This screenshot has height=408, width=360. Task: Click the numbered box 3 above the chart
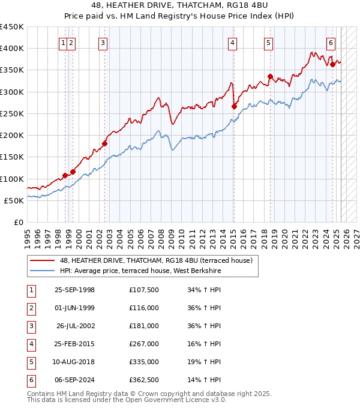coord(103,43)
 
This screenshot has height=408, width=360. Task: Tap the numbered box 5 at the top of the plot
coord(268,43)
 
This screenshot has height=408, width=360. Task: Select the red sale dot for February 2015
coord(234,107)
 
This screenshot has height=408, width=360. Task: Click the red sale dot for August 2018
coord(270,77)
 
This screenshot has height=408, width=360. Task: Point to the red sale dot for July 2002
coord(104,143)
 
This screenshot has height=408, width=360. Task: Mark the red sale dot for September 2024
coord(332,64)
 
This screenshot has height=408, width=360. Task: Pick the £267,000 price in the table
coord(144,344)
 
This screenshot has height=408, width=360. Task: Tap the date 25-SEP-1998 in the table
coord(74,290)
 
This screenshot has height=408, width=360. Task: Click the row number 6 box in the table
coord(31,380)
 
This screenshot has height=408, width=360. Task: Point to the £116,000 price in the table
coord(144,308)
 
